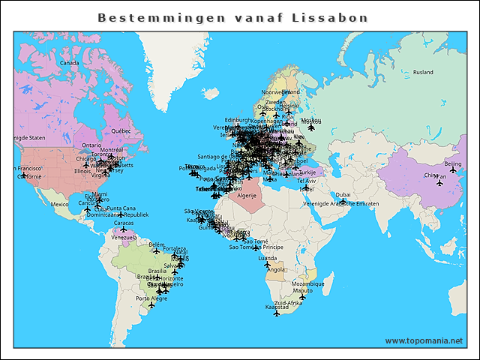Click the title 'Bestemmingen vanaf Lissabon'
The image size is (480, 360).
[232, 16]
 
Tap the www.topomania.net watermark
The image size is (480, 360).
[424, 341]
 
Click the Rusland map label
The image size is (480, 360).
[423, 73]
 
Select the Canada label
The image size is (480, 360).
[69, 63]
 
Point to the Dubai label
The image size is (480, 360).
[343, 195]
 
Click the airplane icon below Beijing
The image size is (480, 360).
[453, 170]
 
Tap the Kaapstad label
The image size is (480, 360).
[277, 307]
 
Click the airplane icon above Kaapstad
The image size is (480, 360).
[277, 313]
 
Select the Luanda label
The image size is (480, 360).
[267, 258]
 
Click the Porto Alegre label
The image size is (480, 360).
[152, 298]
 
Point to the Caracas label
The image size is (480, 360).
[124, 223]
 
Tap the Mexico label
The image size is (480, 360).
[59, 204]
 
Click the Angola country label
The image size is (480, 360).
[276, 270]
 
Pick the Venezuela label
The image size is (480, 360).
[124, 237]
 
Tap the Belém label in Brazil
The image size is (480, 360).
[157, 244]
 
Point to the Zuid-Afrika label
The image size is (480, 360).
[288, 302]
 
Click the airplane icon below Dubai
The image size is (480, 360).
[343, 202]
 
